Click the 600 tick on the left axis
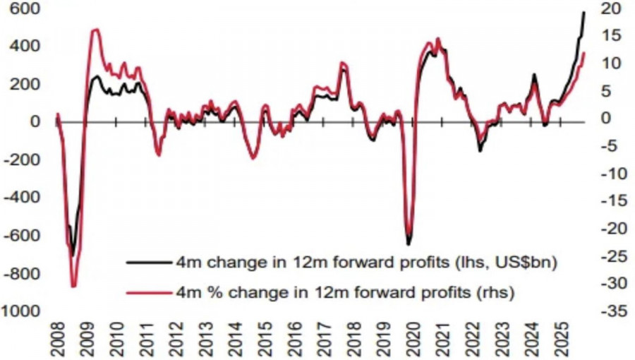coord(25,8)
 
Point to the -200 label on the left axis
coord(21,160)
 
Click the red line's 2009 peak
coord(95,30)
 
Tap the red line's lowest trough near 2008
coord(73,286)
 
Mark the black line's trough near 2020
coord(409,244)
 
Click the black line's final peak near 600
coord(584,12)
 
